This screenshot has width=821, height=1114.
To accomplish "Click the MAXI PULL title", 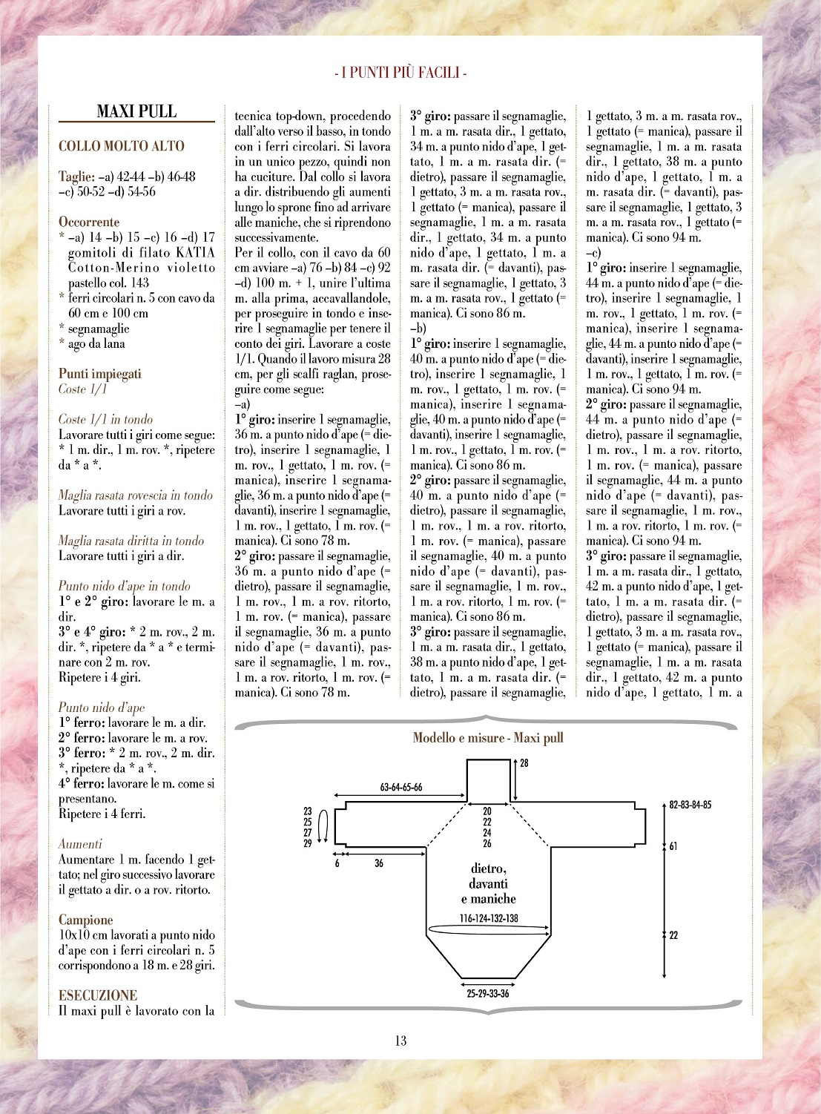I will pos(136,112).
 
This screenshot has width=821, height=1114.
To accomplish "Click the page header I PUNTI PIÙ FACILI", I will pos(400,73).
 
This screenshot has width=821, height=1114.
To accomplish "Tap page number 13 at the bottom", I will pos(400,1041).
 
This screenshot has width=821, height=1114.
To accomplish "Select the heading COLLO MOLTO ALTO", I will pos(122,146).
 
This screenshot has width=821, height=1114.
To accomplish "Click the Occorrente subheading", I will pos(89,222).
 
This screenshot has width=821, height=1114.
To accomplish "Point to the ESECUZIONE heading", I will pos(98,995).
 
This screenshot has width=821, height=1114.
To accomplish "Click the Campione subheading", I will pos(86,920).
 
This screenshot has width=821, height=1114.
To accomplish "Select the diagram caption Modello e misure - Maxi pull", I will pos(488,738).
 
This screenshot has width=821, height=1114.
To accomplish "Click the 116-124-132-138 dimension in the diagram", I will pos(488,918).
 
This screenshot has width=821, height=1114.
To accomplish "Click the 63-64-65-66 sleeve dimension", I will pos(401,787).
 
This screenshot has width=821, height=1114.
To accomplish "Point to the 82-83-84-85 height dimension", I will pos(690,805).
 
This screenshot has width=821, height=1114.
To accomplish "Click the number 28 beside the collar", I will pos(524,762).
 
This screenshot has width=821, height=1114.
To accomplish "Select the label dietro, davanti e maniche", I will pos(488,883).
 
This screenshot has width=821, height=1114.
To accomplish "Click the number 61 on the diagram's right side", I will pos(673,846).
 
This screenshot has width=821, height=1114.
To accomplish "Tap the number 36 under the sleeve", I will pos(379,863).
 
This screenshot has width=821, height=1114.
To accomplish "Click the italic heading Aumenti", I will pos(80,844).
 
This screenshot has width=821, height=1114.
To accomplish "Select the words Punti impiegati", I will pos(100,374).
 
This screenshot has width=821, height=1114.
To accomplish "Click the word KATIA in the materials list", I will pos(196,252).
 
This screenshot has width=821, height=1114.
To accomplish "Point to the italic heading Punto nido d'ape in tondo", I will pos(124,586).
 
